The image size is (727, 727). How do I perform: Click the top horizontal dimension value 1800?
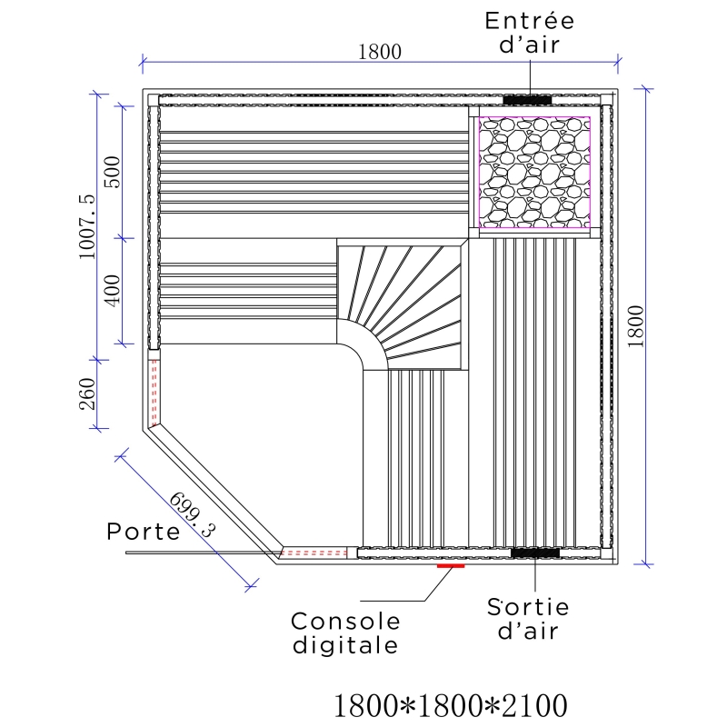coord(379,52)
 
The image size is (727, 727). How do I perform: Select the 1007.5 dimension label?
coord(86,226)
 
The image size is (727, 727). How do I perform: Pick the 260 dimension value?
coord(87,393)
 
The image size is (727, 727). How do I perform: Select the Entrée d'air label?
coord(529,33)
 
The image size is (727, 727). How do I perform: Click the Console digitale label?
coord(345,633)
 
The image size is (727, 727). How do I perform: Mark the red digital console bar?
coord(451,566)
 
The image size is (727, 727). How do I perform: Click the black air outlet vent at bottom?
coord(534,553)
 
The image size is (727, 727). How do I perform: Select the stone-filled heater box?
coord(533,171)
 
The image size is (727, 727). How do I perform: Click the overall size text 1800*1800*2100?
coord(452,704)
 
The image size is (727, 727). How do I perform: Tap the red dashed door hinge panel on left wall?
coord(154,391)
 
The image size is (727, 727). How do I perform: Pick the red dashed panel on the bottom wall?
coord(314,553)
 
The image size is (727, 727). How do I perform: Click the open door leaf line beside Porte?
coord(200,550)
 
